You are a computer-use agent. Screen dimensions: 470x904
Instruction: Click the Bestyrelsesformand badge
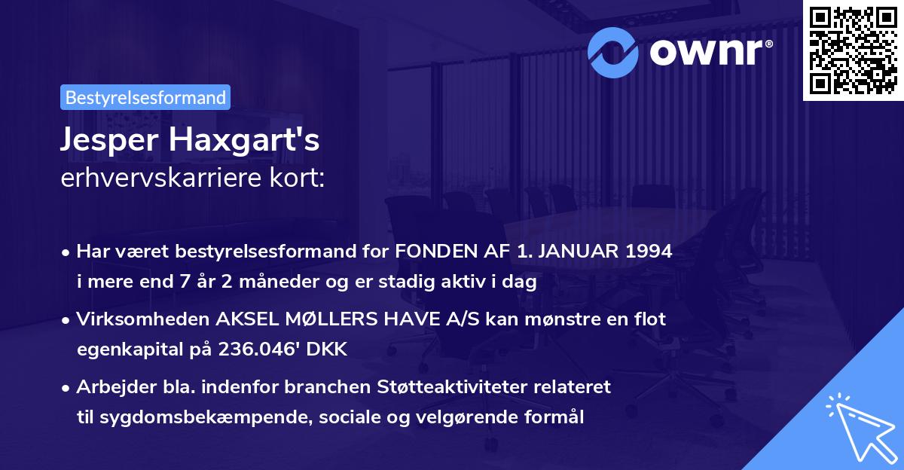click(145, 97)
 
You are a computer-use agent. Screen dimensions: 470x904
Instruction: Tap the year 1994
click(646, 252)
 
